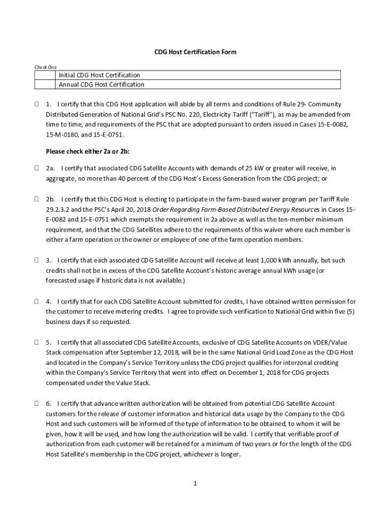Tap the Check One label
[x=45, y=67]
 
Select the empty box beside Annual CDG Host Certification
[x=45, y=85]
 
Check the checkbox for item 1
[x=37, y=104]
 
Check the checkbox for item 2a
[x=37, y=168]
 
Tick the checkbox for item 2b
[x=37, y=199]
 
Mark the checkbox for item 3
[x=37, y=260]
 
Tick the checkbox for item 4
[x=37, y=302]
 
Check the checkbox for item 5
[x=37, y=343]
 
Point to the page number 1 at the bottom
[x=195, y=483]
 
